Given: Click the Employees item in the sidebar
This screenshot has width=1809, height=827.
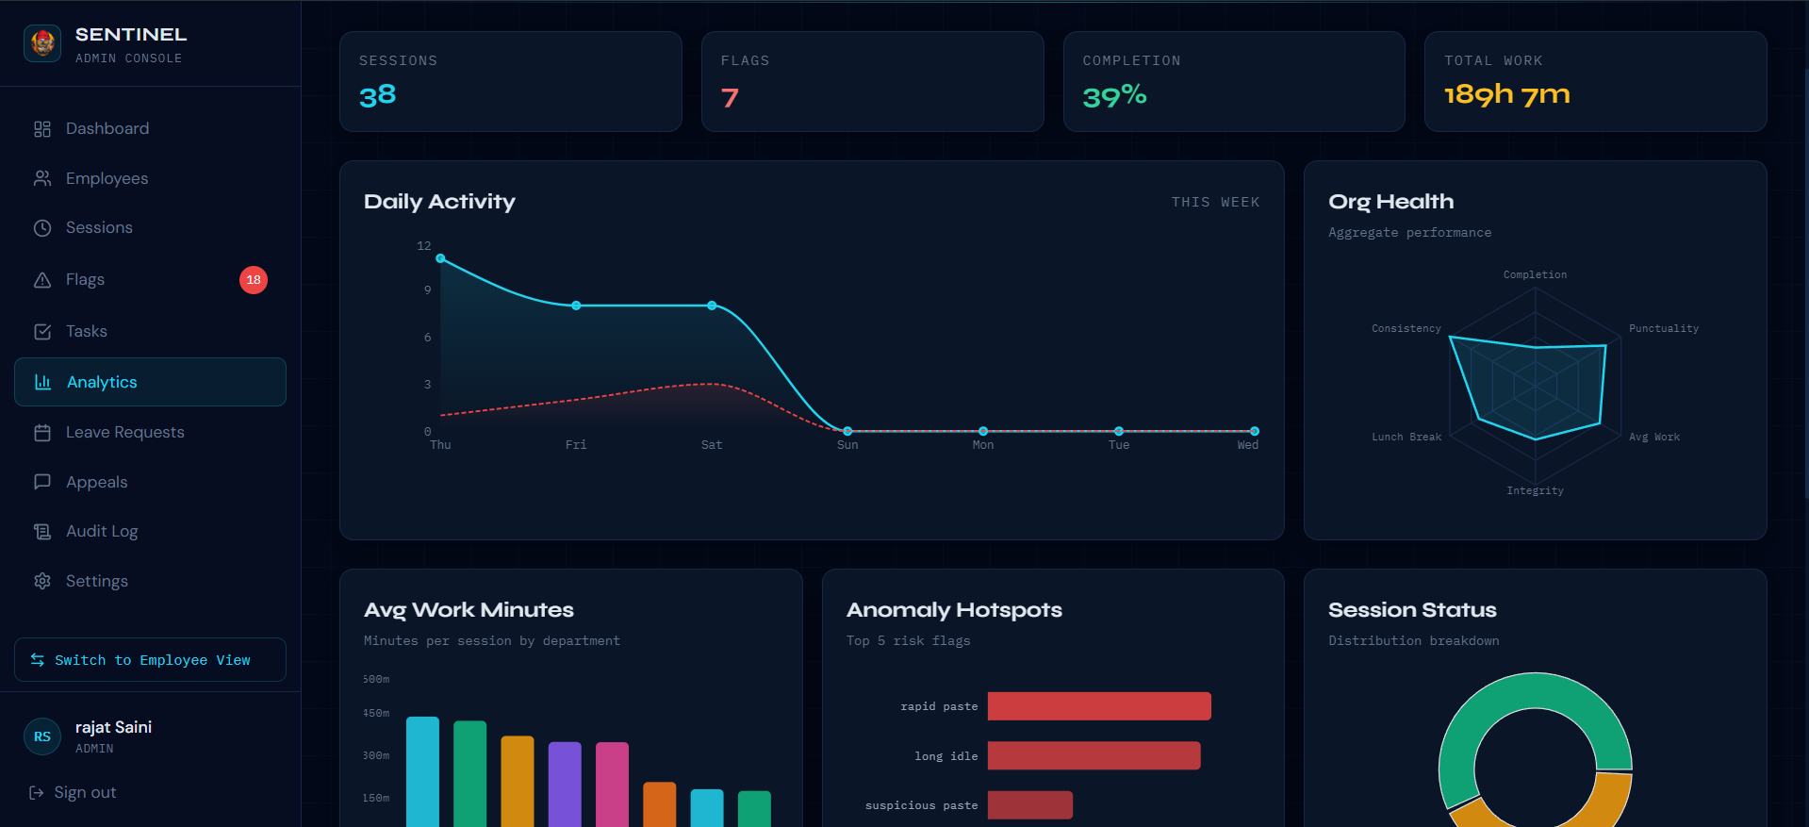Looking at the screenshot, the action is pos(107,178).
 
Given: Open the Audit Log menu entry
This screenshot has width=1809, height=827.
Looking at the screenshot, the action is pos(102,531).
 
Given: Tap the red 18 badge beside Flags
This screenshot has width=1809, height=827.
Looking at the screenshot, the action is pos(254,280).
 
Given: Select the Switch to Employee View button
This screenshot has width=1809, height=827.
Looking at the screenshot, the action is pos(150,660).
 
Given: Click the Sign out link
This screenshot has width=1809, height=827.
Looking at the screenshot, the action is pos(74,792).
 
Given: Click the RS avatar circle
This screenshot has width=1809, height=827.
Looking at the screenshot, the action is pos(42,736).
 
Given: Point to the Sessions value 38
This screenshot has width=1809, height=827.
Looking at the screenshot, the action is pos(377,95).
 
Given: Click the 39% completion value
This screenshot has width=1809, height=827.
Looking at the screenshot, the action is pos(1114,95).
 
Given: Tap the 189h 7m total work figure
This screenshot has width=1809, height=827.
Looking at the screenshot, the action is pos(1506,94).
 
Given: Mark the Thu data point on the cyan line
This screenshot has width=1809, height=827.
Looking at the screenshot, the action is pos(440,258).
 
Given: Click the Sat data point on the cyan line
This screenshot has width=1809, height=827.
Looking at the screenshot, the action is pos(712,306).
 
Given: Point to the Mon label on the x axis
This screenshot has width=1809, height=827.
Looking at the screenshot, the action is pos(983,445).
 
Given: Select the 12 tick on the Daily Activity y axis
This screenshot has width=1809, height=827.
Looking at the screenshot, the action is pos(424,246).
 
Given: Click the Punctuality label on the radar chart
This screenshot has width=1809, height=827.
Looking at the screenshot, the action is pos(1664,328).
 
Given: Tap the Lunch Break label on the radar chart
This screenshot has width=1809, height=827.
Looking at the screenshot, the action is pos(1406,437).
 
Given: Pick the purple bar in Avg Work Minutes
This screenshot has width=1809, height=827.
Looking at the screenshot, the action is pos(565,785).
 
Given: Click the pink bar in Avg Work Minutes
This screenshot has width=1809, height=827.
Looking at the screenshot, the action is pos(612,785).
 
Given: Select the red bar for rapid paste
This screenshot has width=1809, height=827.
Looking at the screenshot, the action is pos(1099,706).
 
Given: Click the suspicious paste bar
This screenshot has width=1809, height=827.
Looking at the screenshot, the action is pos(1030,805).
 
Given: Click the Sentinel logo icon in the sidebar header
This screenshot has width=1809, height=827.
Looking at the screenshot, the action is pos(42,43).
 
